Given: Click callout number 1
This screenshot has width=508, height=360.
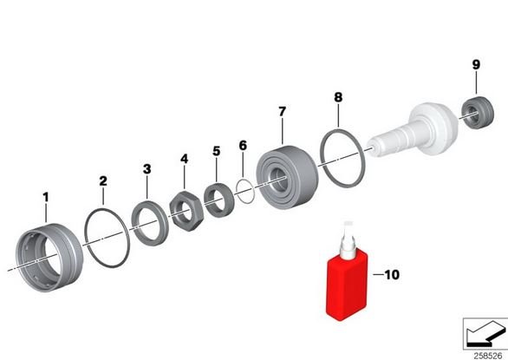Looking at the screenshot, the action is point(46,197).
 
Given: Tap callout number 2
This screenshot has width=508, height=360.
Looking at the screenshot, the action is point(103,181).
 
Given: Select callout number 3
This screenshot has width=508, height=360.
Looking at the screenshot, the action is point(147,169).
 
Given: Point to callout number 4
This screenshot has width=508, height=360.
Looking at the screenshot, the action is point(184,159).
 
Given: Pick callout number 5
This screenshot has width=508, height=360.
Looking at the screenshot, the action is point(217,151).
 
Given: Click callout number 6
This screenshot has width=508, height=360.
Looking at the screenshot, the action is point(243,145).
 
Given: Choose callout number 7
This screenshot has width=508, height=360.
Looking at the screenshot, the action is point(283,112).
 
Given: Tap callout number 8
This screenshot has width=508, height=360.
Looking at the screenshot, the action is point(338,97).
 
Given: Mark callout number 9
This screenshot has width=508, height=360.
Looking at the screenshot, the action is point(476,64).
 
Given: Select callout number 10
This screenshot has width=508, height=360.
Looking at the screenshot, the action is point(392,275).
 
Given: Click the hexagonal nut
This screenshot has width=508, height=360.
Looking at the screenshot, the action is point(186,211).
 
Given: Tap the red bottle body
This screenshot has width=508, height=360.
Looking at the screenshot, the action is point(347,285).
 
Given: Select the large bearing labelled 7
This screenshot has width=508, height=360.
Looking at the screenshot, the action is point(287,177).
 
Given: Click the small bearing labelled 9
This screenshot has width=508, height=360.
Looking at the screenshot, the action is point(478,112).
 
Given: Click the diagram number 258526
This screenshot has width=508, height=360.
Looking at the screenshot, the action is point(488,356).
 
